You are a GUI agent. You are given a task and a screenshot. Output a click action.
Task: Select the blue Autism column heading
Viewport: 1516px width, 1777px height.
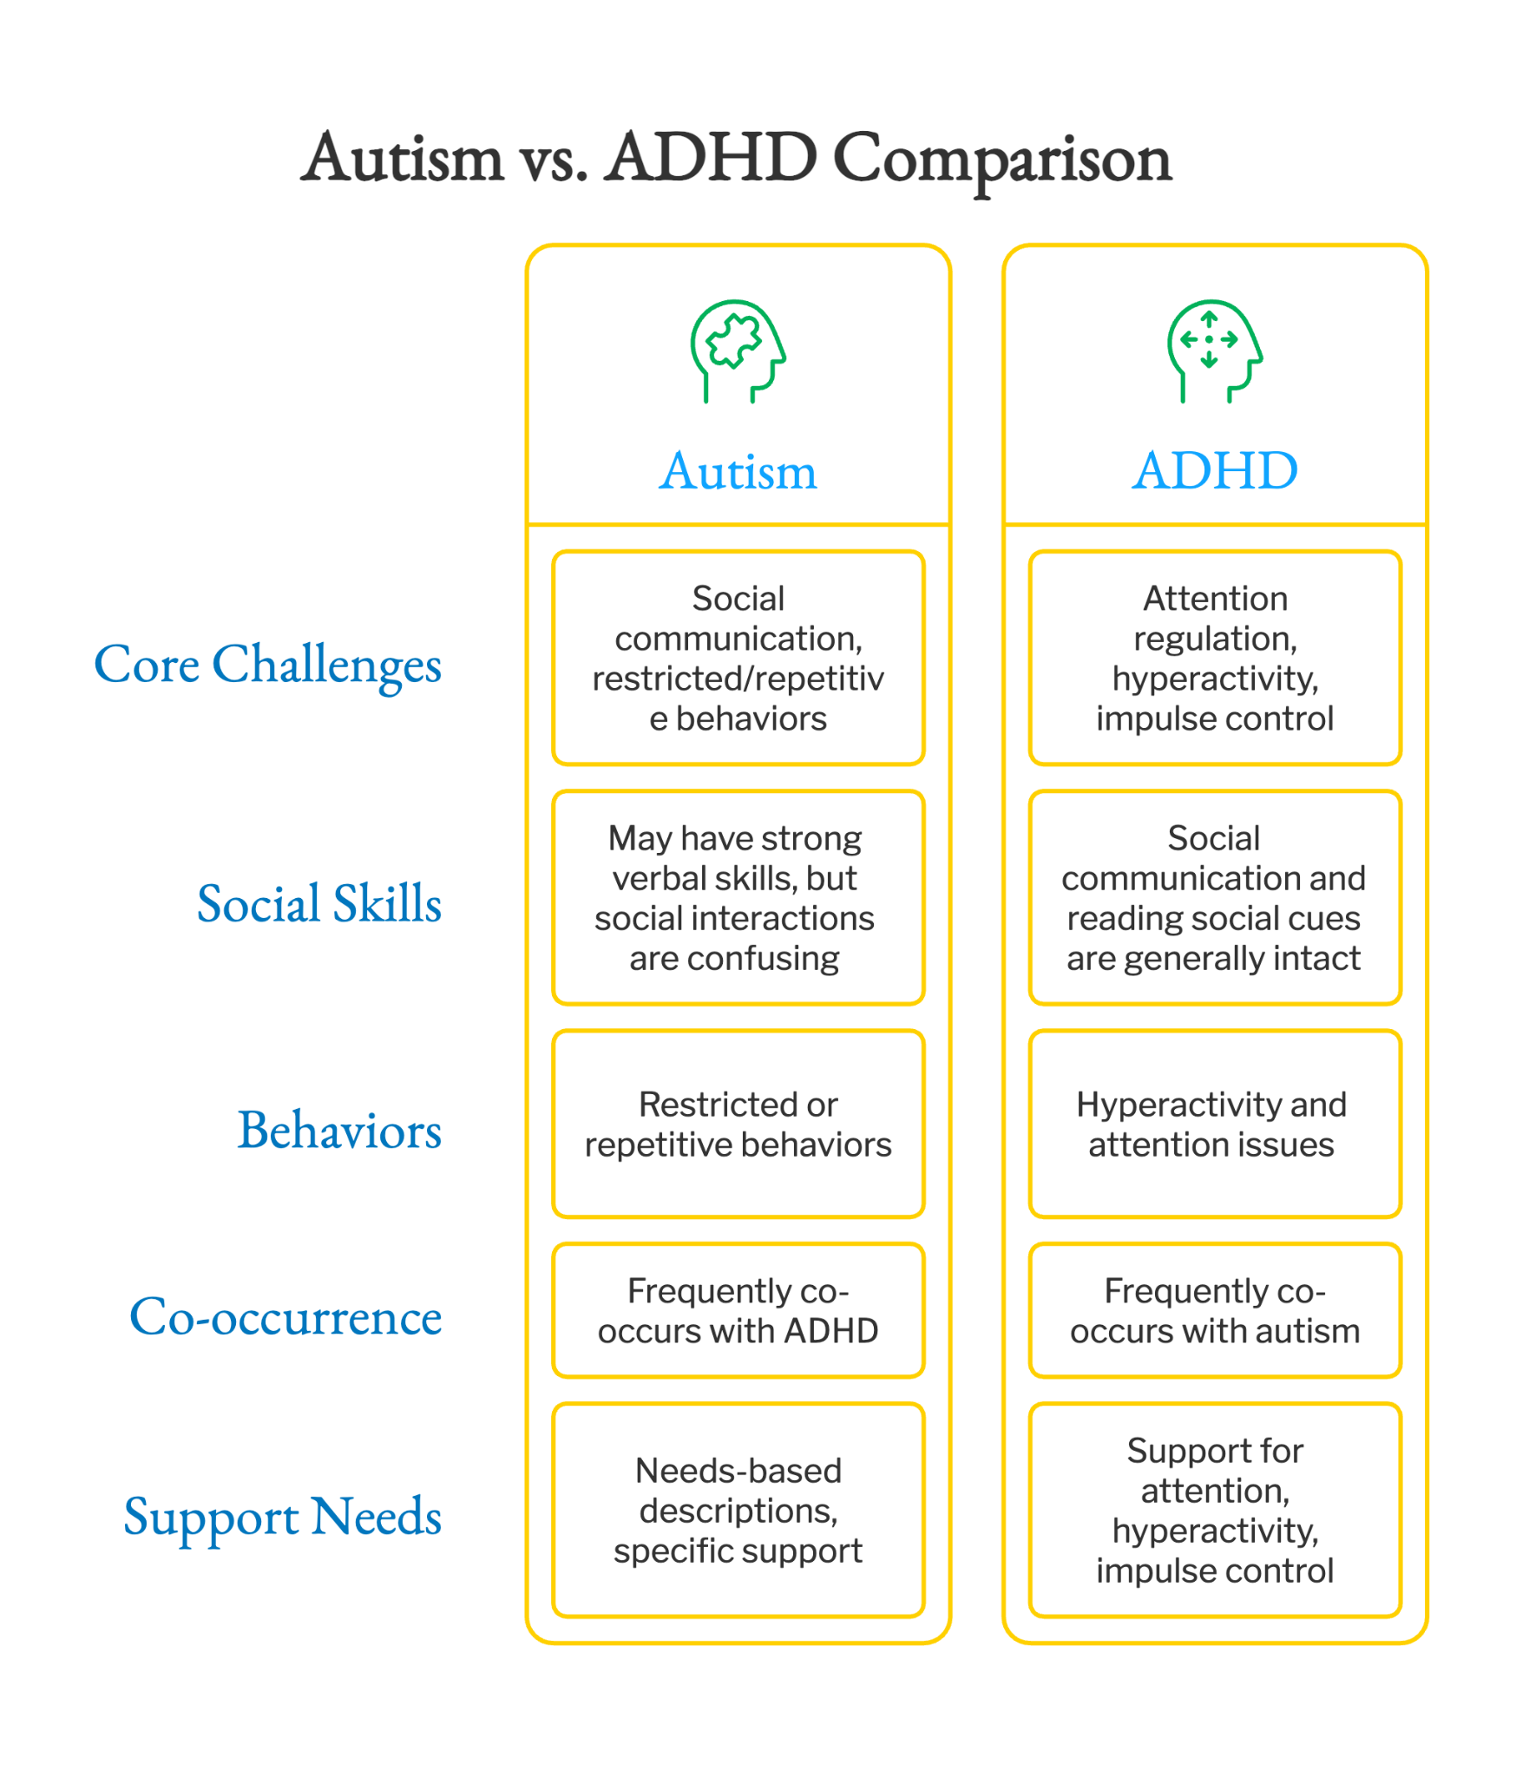click(738, 471)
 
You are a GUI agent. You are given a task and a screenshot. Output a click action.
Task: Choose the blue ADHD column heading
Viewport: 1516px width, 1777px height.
click(1215, 471)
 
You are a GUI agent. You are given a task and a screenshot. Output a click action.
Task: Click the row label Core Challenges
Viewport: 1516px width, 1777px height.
click(267, 665)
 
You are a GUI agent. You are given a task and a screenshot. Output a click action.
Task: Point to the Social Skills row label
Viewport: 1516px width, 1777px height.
click(319, 902)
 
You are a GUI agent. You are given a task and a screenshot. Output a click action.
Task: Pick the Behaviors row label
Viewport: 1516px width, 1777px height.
click(339, 1130)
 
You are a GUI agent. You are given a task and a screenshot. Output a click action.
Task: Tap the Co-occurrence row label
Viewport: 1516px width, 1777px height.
click(285, 1316)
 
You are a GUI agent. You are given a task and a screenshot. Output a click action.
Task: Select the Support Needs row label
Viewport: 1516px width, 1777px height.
click(282, 1518)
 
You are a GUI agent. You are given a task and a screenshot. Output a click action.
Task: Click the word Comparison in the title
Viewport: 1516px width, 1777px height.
click(1002, 161)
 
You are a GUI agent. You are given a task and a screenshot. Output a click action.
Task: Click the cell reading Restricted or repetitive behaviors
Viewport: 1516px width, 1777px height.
click(738, 1124)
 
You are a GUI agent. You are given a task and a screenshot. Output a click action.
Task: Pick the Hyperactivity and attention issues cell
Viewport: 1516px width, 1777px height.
click(1215, 1124)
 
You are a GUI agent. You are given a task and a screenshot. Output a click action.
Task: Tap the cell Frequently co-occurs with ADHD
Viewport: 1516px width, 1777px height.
click(738, 1310)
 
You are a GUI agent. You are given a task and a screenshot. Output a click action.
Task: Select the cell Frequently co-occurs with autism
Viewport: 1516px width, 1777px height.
click(1215, 1310)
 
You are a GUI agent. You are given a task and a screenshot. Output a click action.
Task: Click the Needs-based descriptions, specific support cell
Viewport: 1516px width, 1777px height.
click(738, 1511)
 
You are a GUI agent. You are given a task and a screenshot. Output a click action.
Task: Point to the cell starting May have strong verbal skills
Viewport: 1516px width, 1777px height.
click(738, 898)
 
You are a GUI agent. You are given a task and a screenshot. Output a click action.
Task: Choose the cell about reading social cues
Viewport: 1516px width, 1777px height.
click(1215, 898)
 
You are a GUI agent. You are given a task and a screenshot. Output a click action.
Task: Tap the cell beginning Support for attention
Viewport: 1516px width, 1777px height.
click(1215, 1511)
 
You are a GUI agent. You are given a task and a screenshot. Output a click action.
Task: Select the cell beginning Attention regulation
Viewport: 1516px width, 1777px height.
click(1215, 658)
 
